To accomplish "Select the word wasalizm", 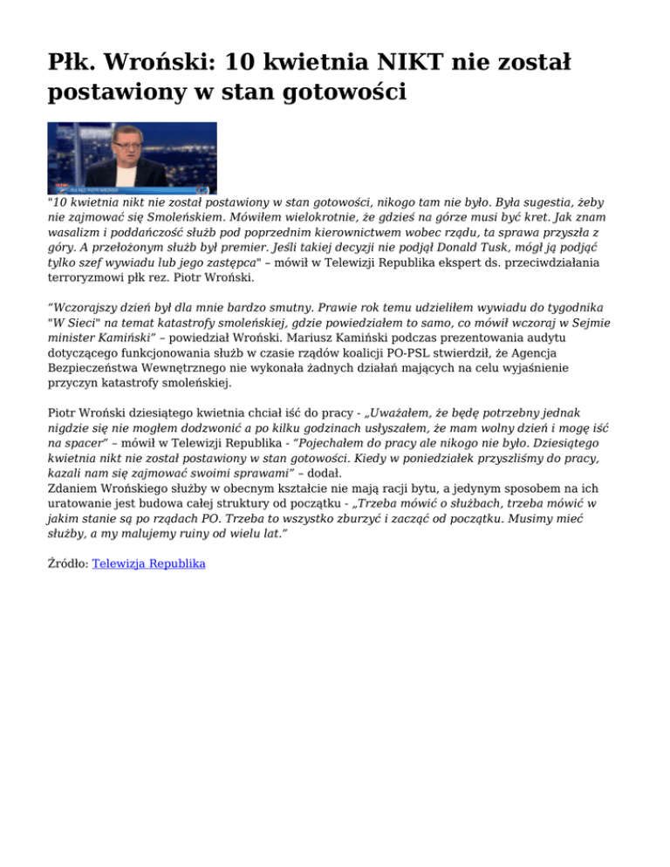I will pyautogui.click(x=76, y=231).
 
